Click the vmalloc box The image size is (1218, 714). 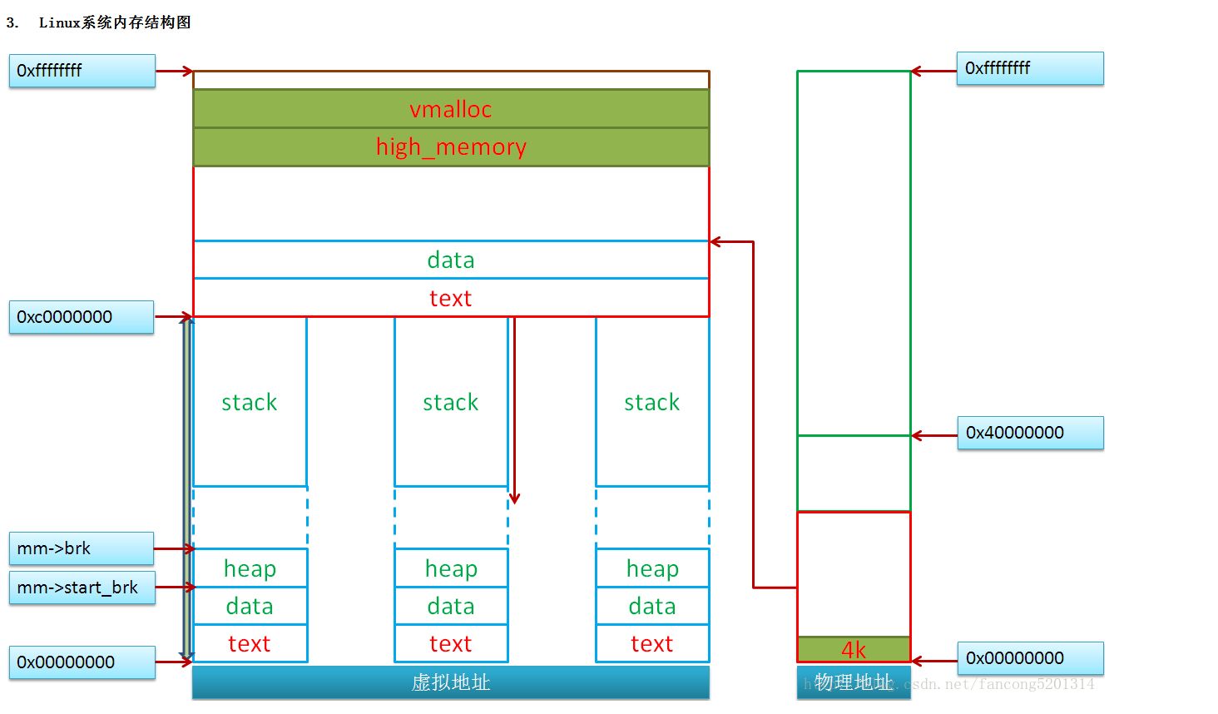(451, 109)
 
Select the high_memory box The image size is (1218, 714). (451, 147)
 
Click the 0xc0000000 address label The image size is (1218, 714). (82, 317)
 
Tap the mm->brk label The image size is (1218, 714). (82, 548)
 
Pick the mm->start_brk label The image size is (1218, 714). (82, 588)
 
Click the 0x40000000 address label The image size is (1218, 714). (1030, 433)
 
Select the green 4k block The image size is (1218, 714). (854, 649)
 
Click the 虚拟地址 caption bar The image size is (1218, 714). (451, 682)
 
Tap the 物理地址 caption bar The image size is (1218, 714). (854, 682)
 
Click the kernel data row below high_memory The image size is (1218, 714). (451, 260)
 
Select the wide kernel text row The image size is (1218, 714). (451, 298)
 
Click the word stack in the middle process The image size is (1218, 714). (451, 403)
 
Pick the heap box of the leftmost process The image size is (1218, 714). (250, 568)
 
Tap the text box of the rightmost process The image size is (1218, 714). (652, 644)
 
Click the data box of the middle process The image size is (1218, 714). (451, 606)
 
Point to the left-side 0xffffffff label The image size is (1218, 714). (82, 71)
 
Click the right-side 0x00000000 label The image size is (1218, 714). (1030, 658)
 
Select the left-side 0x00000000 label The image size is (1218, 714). (82, 662)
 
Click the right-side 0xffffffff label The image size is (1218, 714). (1030, 68)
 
